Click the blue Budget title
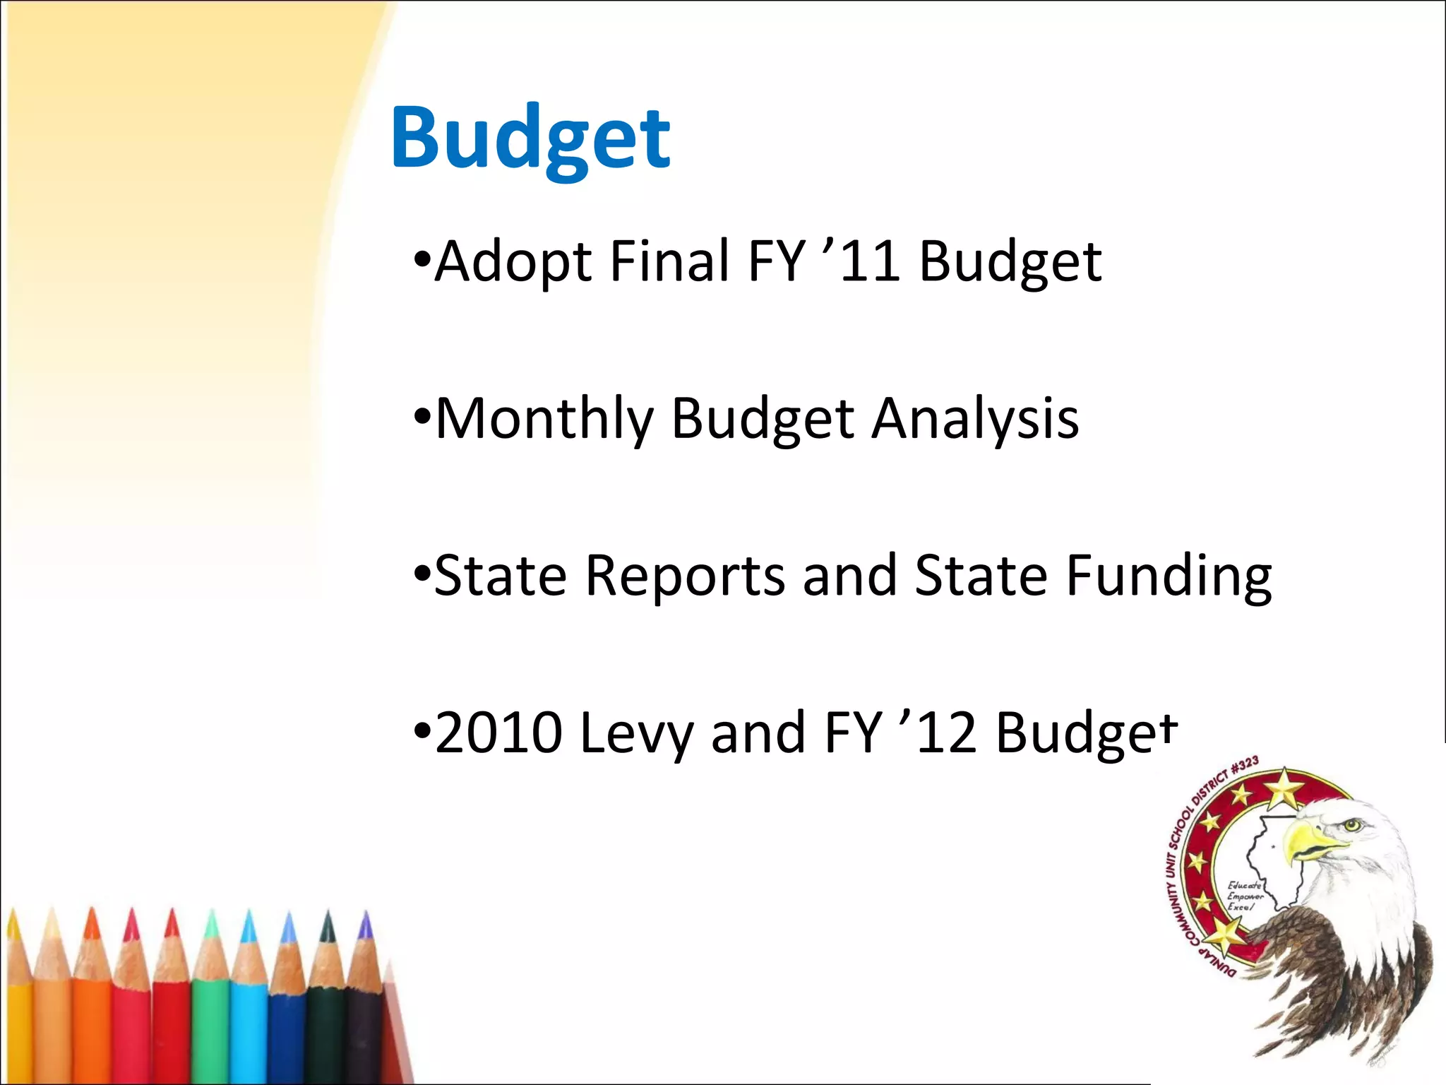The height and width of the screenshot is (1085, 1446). point(530,138)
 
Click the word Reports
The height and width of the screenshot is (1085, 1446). point(685,576)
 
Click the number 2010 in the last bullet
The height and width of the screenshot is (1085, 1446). point(498,733)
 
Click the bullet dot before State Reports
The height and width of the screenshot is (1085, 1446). point(422,572)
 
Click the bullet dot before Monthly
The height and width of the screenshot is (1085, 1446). point(422,415)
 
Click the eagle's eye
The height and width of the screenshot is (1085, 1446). point(1351,824)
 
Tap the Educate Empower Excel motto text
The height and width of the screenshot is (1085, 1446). point(1244,896)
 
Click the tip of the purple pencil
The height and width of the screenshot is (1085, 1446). point(365,920)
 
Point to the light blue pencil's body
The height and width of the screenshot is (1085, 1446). point(249,1031)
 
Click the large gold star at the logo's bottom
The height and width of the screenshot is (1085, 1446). point(1224,935)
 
